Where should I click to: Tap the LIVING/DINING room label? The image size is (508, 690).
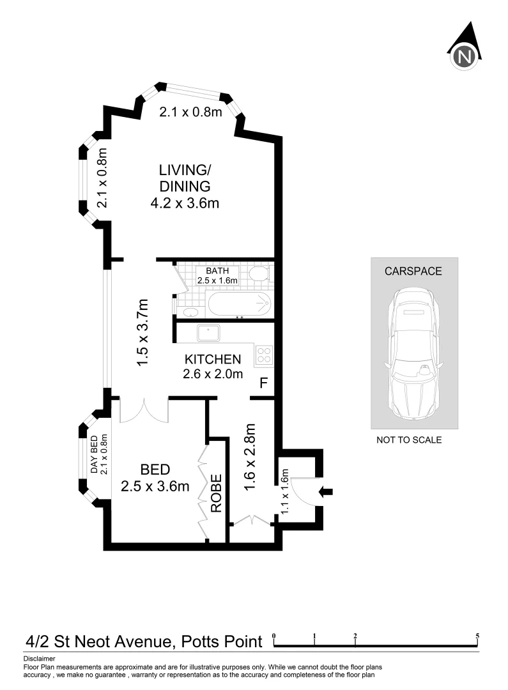pyautogui.click(x=185, y=179)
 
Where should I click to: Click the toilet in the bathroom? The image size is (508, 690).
pyautogui.click(x=259, y=275)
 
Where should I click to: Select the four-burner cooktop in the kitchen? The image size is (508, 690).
pyautogui.click(x=265, y=355)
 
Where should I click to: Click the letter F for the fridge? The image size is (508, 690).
pyautogui.click(x=263, y=383)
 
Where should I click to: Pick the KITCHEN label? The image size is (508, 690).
pyautogui.click(x=213, y=359)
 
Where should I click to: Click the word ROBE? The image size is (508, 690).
pyautogui.click(x=216, y=493)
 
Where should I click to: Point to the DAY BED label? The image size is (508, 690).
pyautogui.click(x=94, y=455)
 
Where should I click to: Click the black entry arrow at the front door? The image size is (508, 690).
pyautogui.click(x=326, y=491)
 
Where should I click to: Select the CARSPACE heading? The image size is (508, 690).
pyautogui.click(x=413, y=271)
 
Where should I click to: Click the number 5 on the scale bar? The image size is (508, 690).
pyautogui.click(x=477, y=636)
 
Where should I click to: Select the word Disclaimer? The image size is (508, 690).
pyautogui.click(x=40, y=658)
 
